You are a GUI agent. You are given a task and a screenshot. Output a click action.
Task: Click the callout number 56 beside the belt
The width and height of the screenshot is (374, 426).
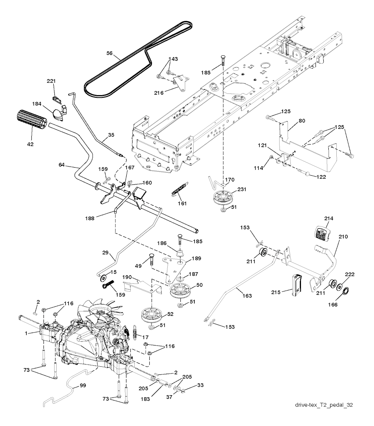click(x=109, y=53)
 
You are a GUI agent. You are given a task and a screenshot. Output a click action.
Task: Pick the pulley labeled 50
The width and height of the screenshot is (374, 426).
click(x=181, y=291)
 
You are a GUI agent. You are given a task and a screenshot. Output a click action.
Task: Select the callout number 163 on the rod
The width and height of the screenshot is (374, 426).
click(x=247, y=295)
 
